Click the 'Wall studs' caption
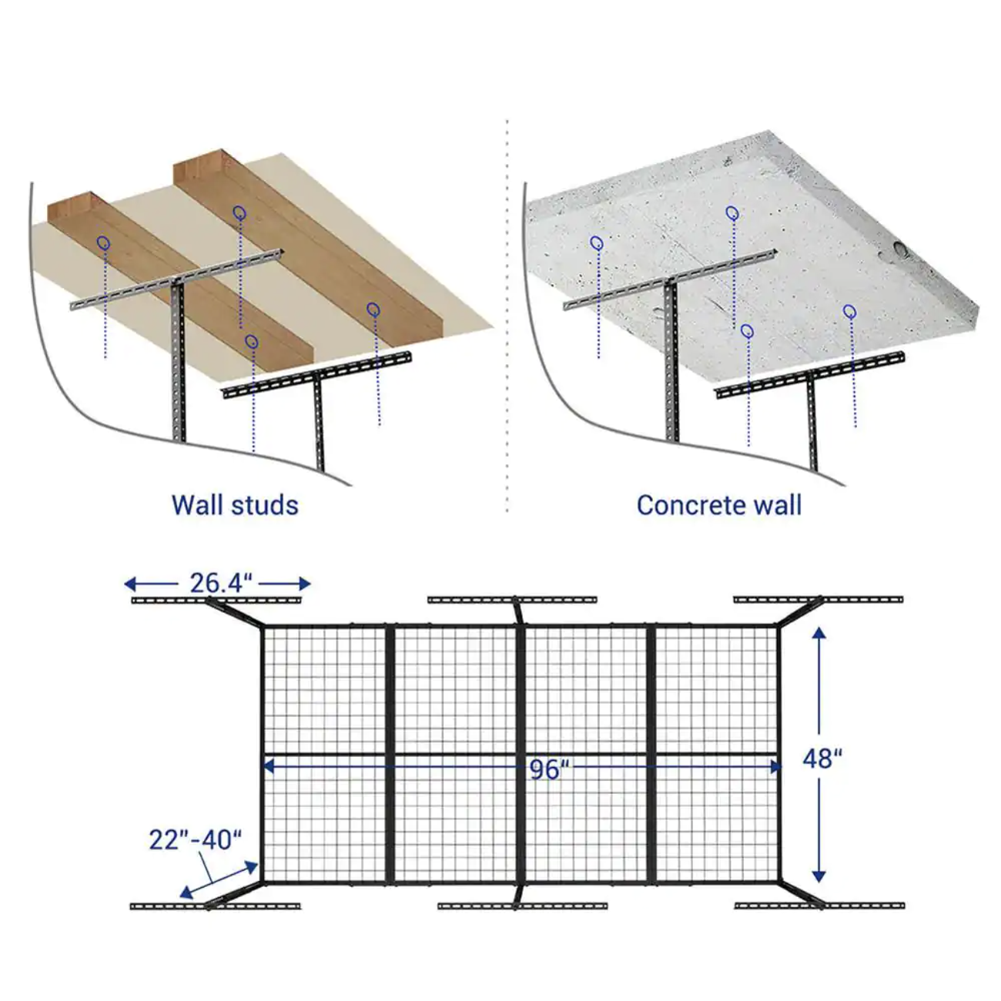[x=235, y=505]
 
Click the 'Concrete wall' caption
[x=719, y=505]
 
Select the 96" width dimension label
[x=549, y=768]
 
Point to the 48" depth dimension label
[x=822, y=759]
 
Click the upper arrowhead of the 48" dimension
[x=819, y=632]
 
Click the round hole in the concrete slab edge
[x=897, y=250]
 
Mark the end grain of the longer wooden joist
[x=198, y=169]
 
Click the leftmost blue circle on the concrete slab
[x=596, y=243]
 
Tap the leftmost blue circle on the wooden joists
[x=103, y=242]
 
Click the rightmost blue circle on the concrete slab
[x=849, y=311]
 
